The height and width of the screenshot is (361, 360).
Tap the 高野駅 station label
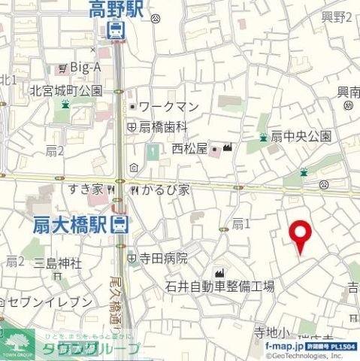(x=116, y=10)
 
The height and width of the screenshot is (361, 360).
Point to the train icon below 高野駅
(x=116, y=30)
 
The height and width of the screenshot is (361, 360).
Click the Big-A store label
(x=85, y=68)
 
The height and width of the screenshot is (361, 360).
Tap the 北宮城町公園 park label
(x=65, y=90)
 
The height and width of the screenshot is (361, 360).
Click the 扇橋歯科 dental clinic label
(x=161, y=127)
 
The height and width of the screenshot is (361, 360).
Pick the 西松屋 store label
(x=189, y=147)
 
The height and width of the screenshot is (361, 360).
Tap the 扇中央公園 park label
(x=301, y=136)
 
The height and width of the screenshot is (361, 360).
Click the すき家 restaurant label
(x=86, y=189)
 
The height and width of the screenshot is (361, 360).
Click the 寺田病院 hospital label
(x=162, y=257)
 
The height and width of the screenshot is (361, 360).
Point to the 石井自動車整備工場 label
(x=220, y=287)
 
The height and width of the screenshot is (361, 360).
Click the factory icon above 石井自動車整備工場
(x=220, y=272)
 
